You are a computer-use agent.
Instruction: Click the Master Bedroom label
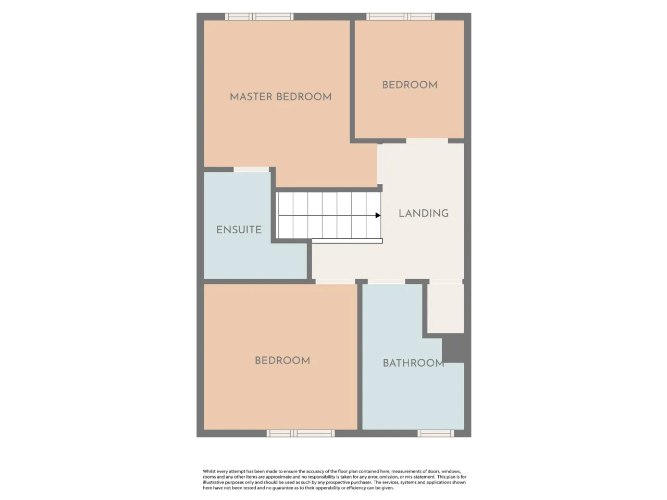pyautogui.click(x=280, y=97)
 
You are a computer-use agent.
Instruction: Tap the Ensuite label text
pyautogui.click(x=239, y=230)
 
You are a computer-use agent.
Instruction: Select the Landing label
pyautogui.click(x=424, y=214)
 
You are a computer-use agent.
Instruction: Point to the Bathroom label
pyautogui.click(x=413, y=363)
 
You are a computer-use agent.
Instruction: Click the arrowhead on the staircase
pyautogui.click(x=378, y=215)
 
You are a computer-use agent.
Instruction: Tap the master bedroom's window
pyautogui.click(x=259, y=17)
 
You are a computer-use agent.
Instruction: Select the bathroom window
pyautogui.click(x=436, y=433)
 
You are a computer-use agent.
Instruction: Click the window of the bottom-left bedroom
pyautogui.click(x=301, y=433)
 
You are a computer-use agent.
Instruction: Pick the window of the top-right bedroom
pyautogui.click(x=401, y=17)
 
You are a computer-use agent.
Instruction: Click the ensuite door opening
pyautogui.click(x=251, y=169)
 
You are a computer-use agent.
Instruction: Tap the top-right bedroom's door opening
pyautogui.click(x=427, y=141)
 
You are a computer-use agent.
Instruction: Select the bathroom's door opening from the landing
pyautogui.click(x=386, y=282)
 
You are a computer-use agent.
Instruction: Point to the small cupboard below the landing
pyautogui.click(x=446, y=308)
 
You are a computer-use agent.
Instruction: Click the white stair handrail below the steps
pyautogui.click(x=347, y=241)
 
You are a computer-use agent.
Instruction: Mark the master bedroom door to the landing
pyautogui.click(x=380, y=164)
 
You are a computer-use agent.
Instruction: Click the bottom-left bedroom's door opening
pyautogui.click(x=335, y=282)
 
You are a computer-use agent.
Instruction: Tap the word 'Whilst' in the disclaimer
pyautogui.click(x=209, y=471)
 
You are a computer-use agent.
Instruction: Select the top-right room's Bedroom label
pyautogui.click(x=410, y=85)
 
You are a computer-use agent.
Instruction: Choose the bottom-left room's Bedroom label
pyautogui.click(x=282, y=360)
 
